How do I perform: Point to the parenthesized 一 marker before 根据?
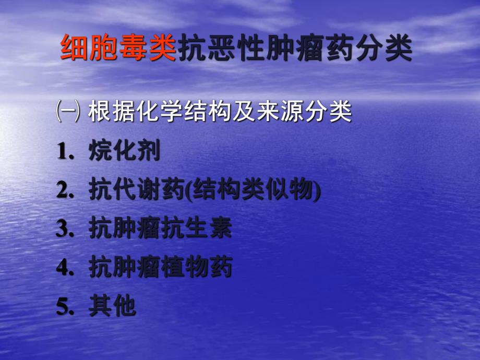(x=68, y=112)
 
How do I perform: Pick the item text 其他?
(x=112, y=307)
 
